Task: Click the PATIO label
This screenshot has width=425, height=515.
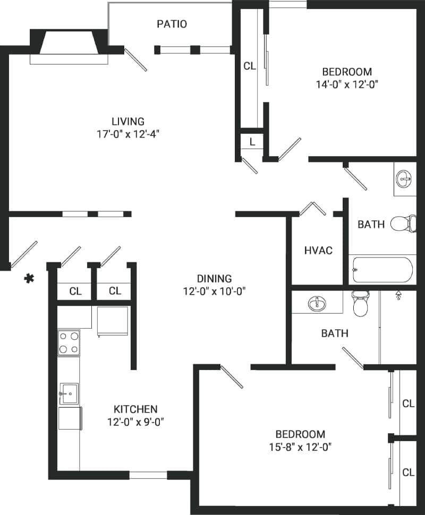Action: (172, 24)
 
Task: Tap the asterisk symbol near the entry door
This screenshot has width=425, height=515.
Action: (29, 278)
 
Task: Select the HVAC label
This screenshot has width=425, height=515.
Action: (318, 250)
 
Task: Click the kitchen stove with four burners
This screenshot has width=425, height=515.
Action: (69, 342)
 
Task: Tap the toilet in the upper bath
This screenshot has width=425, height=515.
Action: (404, 224)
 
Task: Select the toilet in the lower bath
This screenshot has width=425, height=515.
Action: (360, 303)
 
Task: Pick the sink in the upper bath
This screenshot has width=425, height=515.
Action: (405, 179)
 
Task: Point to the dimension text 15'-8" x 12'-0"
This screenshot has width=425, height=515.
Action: (300, 447)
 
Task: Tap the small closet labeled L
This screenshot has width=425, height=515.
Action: (252, 142)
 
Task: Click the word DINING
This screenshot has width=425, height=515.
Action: (214, 278)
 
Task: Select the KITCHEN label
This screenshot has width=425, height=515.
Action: (135, 409)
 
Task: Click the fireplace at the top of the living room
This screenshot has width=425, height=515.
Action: (69, 44)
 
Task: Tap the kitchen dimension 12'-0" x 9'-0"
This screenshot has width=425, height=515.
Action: (135, 423)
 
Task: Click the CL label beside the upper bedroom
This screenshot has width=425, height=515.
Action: (250, 66)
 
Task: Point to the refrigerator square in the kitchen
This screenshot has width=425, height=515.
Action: (113, 321)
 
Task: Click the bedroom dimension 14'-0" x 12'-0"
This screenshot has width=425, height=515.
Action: (347, 84)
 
